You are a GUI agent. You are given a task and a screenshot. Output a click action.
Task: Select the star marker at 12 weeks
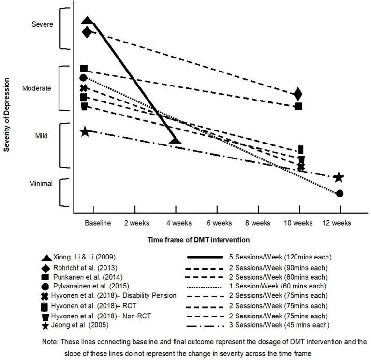point(339,177)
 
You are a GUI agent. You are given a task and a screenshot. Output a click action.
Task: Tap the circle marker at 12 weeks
point(340,193)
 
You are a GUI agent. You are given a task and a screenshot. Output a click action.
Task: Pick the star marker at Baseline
point(85,131)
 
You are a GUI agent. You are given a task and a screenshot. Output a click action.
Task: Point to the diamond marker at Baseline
point(87,32)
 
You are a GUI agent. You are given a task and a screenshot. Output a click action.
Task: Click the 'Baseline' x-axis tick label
point(98,223)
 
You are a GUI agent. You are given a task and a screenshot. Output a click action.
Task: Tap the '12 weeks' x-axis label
point(337,223)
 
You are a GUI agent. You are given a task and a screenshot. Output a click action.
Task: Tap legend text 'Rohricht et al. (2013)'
point(85,267)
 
